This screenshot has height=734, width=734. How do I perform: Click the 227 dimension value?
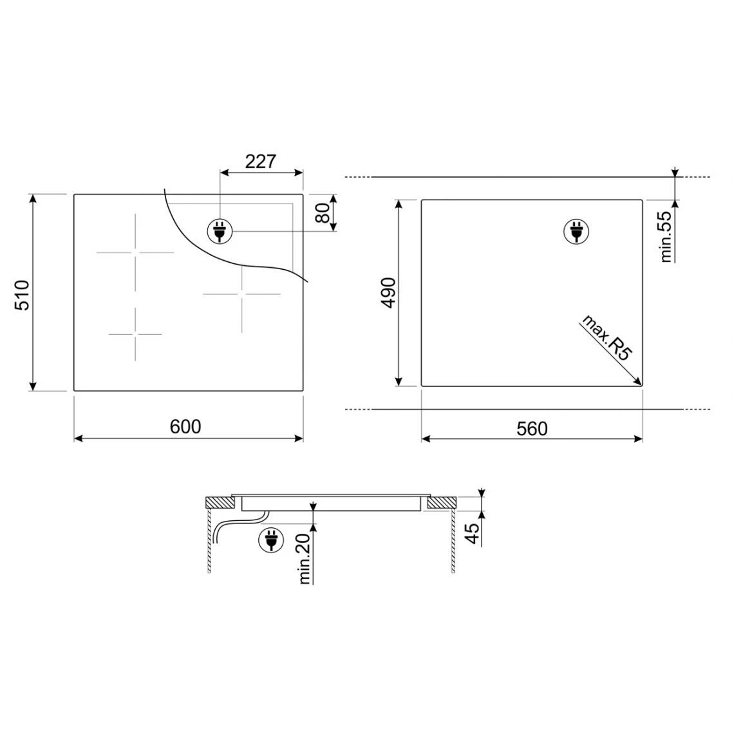click(x=261, y=162)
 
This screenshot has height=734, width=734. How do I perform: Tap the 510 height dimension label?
click(x=23, y=295)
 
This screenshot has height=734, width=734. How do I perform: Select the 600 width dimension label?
click(x=185, y=426)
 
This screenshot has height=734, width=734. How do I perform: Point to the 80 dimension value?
click(x=323, y=213)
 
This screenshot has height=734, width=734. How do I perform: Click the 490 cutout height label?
click(x=388, y=293)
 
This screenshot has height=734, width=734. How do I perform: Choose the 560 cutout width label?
click(x=532, y=429)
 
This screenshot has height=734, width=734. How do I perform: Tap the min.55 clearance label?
click(x=665, y=236)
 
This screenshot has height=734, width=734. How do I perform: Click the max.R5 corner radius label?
click(x=607, y=337)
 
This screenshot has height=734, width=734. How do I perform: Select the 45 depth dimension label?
click(x=473, y=533)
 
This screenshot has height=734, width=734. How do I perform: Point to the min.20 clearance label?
click(x=304, y=558)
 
